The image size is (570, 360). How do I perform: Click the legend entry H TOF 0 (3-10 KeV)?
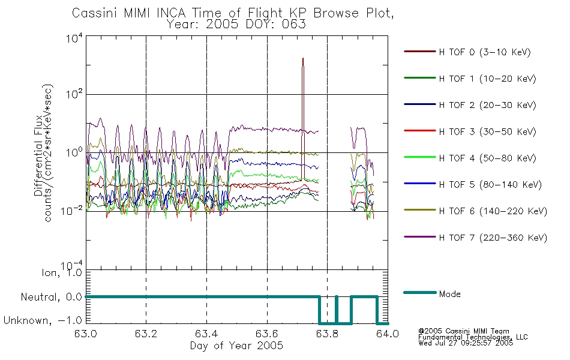click(485, 52)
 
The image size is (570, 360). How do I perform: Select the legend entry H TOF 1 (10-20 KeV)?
click(487, 79)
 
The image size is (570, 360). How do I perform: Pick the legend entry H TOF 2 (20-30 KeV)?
click(487, 105)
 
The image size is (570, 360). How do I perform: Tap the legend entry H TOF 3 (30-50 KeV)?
click(487, 131)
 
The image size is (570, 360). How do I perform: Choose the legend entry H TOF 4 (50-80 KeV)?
click(487, 158)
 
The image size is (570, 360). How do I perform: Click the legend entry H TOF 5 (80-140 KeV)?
click(490, 185)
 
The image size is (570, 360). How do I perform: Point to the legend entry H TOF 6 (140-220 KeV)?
click(493, 211)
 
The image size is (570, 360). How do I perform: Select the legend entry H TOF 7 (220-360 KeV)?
click(493, 238)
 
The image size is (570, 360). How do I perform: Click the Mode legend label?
click(449, 294)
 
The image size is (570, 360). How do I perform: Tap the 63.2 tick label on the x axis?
click(146, 334)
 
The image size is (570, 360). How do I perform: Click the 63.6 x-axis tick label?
click(267, 334)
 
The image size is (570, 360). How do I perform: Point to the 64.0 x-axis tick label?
click(388, 334)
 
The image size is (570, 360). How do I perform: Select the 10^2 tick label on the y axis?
click(74, 95)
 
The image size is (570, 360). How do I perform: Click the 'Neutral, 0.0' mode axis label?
click(51, 297)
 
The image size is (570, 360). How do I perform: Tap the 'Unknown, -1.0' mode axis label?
click(43, 320)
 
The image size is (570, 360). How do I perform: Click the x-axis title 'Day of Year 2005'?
click(236, 346)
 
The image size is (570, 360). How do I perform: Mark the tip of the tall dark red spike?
click(303, 58)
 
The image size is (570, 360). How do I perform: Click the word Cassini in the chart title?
click(95, 13)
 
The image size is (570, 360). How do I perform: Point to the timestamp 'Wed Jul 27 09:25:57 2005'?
click(466, 343)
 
